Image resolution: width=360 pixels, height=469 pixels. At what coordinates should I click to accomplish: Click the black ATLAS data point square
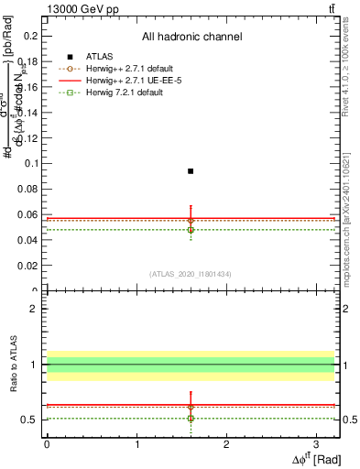[x=191, y=171]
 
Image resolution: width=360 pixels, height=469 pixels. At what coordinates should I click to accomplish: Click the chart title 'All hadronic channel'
[x=191, y=37]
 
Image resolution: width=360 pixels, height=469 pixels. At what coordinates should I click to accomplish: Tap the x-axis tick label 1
[x=136, y=444]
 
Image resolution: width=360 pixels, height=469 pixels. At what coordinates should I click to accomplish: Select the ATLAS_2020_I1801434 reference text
[x=191, y=274]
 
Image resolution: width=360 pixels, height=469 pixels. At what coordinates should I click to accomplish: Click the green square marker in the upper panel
[x=191, y=230]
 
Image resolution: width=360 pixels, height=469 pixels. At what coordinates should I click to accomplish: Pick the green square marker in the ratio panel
[x=191, y=419]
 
